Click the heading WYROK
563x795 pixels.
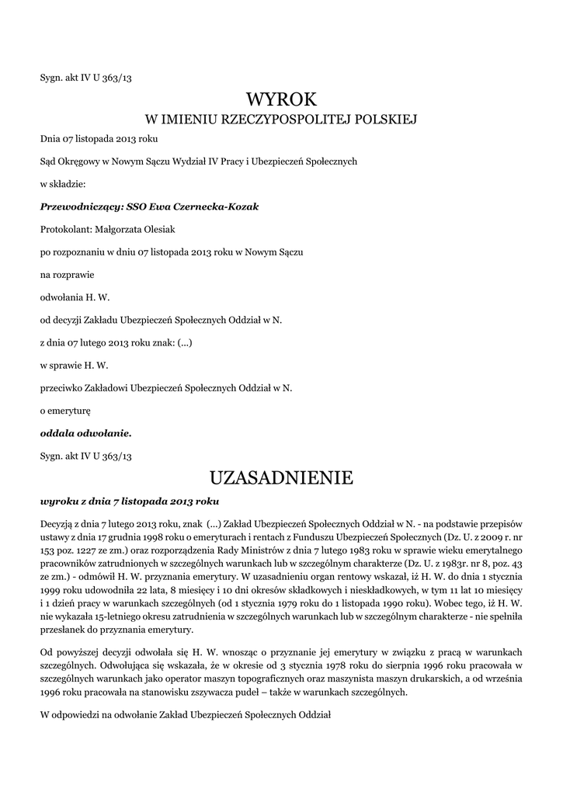pyautogui.click(x=282, y=99)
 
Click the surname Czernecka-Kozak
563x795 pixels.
pyautogui.click(x=220, y=207)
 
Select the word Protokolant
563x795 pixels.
pyautogui.click(x=65, y=229)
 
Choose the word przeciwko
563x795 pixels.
pyautogui.click(x=62, y=387)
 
